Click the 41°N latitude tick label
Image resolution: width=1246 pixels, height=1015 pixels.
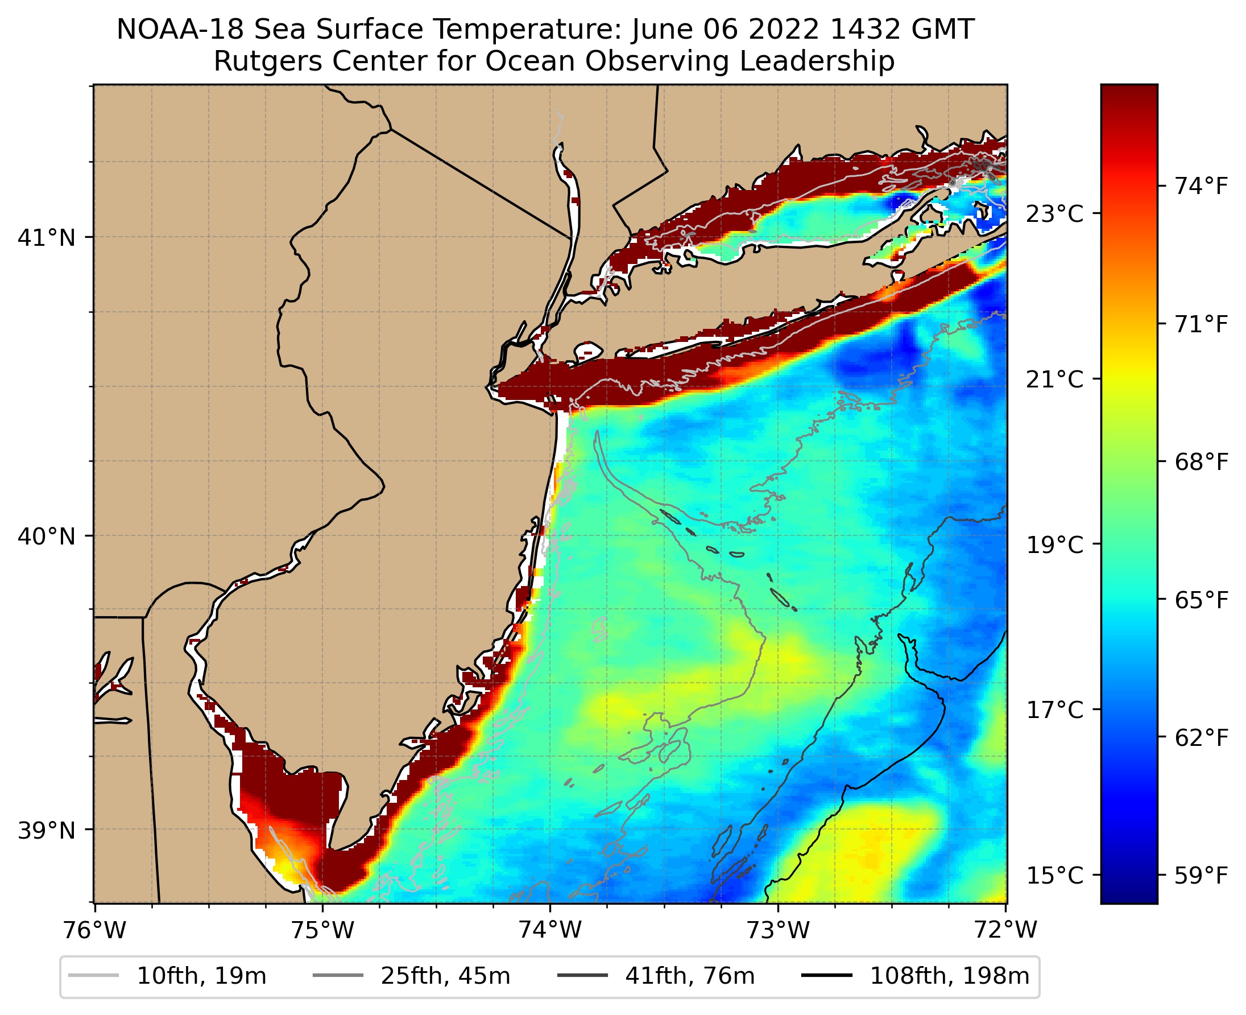pyautogui.click(x=47, y=238)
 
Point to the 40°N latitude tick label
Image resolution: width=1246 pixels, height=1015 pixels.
pyautogui.click(x=47, y=536)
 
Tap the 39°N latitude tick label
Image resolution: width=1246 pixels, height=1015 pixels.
pyautogui.click(x=47, y=830)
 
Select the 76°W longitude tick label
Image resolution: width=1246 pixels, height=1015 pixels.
pyautogui.click(x=94, y=930)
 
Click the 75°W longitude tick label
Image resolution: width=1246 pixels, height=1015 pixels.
pyautogui.click(x=322, y=930)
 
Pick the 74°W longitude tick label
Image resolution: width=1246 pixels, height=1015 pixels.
pyautogui.click(x=550, y=930)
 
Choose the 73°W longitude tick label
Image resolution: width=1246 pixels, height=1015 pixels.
pyautogui.click(x=779, y=930)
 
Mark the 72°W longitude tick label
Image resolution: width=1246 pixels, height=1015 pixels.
pyautogui.click(x=1006, y=930)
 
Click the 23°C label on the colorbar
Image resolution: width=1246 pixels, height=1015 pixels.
pyautogui.click(x=1055, y=214)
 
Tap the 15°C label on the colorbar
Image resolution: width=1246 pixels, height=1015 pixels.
pyautogui.click(x=1055, y=876)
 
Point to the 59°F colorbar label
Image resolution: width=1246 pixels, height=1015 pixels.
pyautogui.click(x=1201, y=875)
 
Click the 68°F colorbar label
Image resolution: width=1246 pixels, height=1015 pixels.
pyautogui.click(x=1201, y=462)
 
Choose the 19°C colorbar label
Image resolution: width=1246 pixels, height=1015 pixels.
pyautogui.click(x=1055, y=545)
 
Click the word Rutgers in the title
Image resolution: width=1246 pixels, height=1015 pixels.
pyautogui.click(x=262, y=61)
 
